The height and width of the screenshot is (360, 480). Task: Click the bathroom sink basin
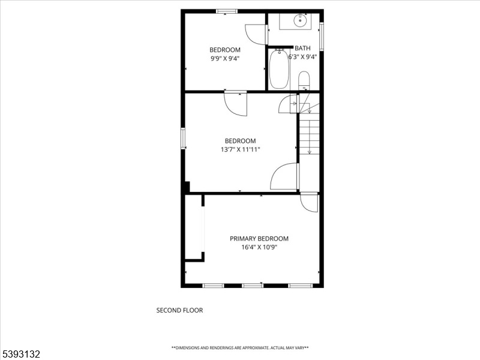point(300,20)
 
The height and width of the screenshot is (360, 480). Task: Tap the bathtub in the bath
point(279,69)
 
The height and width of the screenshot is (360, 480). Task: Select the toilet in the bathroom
point(304,80)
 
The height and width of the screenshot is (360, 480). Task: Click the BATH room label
point(302,48)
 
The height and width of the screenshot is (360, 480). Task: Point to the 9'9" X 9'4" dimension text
point(224,58)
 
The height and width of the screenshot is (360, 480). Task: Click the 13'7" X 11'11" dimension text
point(240,149)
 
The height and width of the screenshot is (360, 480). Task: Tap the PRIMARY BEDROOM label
point(259,238)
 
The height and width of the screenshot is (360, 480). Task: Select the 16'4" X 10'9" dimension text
point(259,247)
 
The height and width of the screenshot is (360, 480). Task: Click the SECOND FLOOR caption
point(179,310)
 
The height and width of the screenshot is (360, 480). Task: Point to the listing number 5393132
point(20,354)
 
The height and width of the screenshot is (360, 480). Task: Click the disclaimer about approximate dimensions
point(240,348)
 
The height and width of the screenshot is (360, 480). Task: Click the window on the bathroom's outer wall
point(322,36)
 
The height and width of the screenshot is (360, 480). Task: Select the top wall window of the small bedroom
point(227,11)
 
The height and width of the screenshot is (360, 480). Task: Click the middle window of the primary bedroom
point(253,286)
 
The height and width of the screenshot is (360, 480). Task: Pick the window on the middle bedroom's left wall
point(183,139)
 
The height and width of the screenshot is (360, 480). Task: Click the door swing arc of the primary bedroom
point(309,203)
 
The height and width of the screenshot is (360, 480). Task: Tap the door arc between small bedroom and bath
point(255,34)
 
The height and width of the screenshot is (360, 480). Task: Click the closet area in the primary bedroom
point(194,227)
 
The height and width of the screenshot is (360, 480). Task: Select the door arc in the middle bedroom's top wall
point(235,104)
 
